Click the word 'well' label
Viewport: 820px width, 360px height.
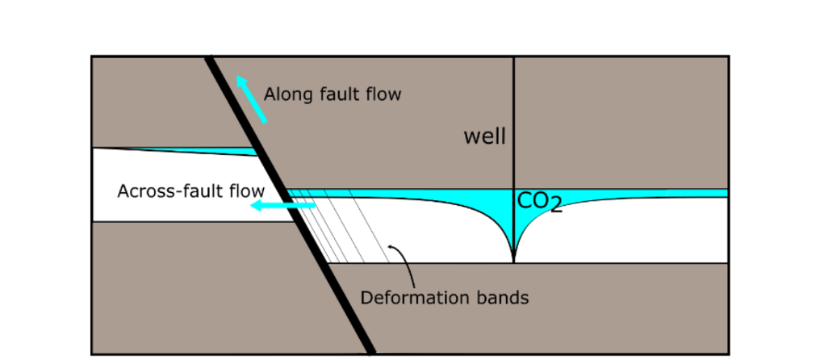pos(484,136)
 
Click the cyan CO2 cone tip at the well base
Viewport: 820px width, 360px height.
pos(514,257)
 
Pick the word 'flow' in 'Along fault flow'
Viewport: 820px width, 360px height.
pos(384,94)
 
